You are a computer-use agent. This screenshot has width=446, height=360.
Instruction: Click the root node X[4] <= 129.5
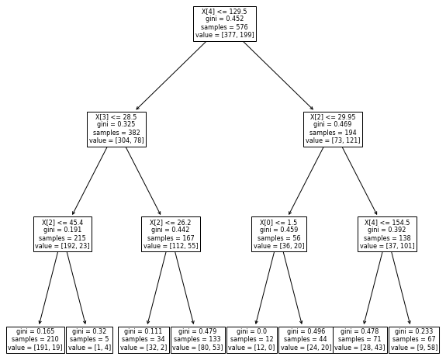click(x=224, y=23)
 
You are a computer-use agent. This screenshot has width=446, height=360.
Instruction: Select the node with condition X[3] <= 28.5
click(x=116, y=129)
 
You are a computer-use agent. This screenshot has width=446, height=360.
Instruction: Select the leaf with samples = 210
click(x=35, y=340)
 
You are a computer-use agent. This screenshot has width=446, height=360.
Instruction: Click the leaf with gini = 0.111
click(x=143, y=340)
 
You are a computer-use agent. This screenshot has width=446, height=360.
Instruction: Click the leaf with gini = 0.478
click(x=360, y=340)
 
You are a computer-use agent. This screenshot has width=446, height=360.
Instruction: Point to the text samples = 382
click(x=116, y=133)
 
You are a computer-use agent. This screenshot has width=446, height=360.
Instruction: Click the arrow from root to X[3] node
click(x=171, y=76)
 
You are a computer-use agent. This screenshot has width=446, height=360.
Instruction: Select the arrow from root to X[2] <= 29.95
click(x=279, y=76)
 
